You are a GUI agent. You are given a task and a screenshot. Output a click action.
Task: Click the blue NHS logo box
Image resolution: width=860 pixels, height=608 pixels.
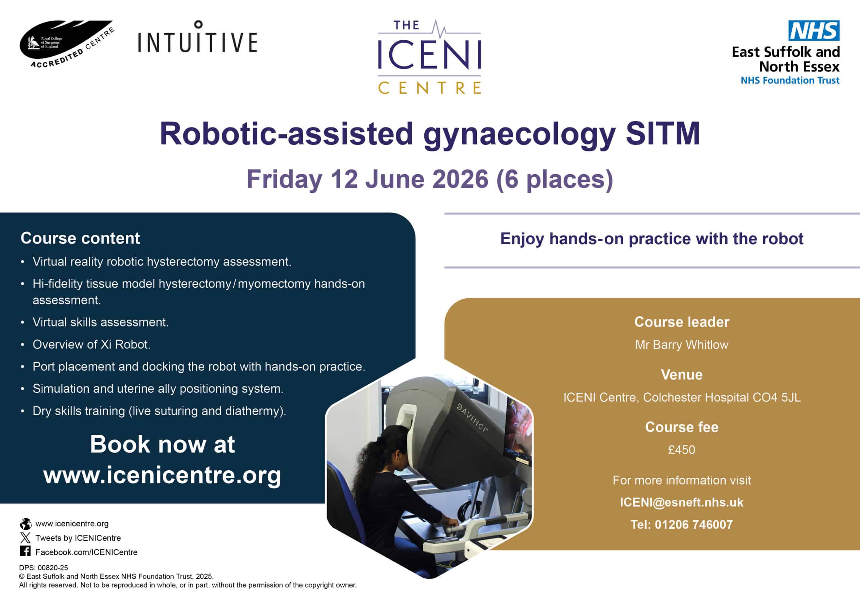(x=814, y=30)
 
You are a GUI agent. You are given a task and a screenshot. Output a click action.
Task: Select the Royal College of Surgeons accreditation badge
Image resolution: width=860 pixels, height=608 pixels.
(x=67, y=44)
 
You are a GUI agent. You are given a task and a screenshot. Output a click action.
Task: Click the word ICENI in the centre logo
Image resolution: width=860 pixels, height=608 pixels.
(x=430, y=55)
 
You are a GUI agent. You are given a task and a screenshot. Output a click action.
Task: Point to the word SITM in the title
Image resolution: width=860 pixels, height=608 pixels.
(x=662, y=134)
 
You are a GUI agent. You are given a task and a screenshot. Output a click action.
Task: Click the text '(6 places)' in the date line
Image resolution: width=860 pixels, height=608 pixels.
(x=555, y=179)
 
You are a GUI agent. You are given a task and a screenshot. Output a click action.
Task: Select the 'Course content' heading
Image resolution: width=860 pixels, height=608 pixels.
(x=80, y=238)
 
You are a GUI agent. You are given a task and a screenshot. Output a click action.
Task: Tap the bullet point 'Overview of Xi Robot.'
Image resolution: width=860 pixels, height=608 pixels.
(x=91, y=344)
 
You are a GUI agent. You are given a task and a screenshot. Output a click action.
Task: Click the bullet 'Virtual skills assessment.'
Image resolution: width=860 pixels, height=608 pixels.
(x=100, y=322)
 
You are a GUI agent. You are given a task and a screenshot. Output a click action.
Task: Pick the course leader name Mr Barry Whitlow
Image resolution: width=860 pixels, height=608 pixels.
(x=682, y=345)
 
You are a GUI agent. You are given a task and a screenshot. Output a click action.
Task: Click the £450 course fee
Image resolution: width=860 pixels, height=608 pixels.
(x=682, y=449)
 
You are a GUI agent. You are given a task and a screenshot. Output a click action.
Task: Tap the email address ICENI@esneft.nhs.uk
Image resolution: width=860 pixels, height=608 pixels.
(x=682, y=503)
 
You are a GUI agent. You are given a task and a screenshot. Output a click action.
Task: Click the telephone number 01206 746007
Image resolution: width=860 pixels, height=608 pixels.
(x=694, y=524)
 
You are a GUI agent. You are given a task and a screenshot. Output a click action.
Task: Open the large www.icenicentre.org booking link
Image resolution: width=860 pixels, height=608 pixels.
(x=162, y=475)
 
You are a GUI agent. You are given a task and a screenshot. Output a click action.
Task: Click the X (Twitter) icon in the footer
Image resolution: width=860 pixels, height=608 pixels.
(x=25, y=538)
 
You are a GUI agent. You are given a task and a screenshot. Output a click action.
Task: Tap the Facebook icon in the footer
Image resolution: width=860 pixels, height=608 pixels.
(x=25, y=552)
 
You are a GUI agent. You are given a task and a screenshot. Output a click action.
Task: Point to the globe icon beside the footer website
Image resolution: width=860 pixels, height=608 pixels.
(x=26, y=523)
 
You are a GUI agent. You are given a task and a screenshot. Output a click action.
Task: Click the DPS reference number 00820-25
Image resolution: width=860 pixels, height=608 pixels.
(x=53, y=568)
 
